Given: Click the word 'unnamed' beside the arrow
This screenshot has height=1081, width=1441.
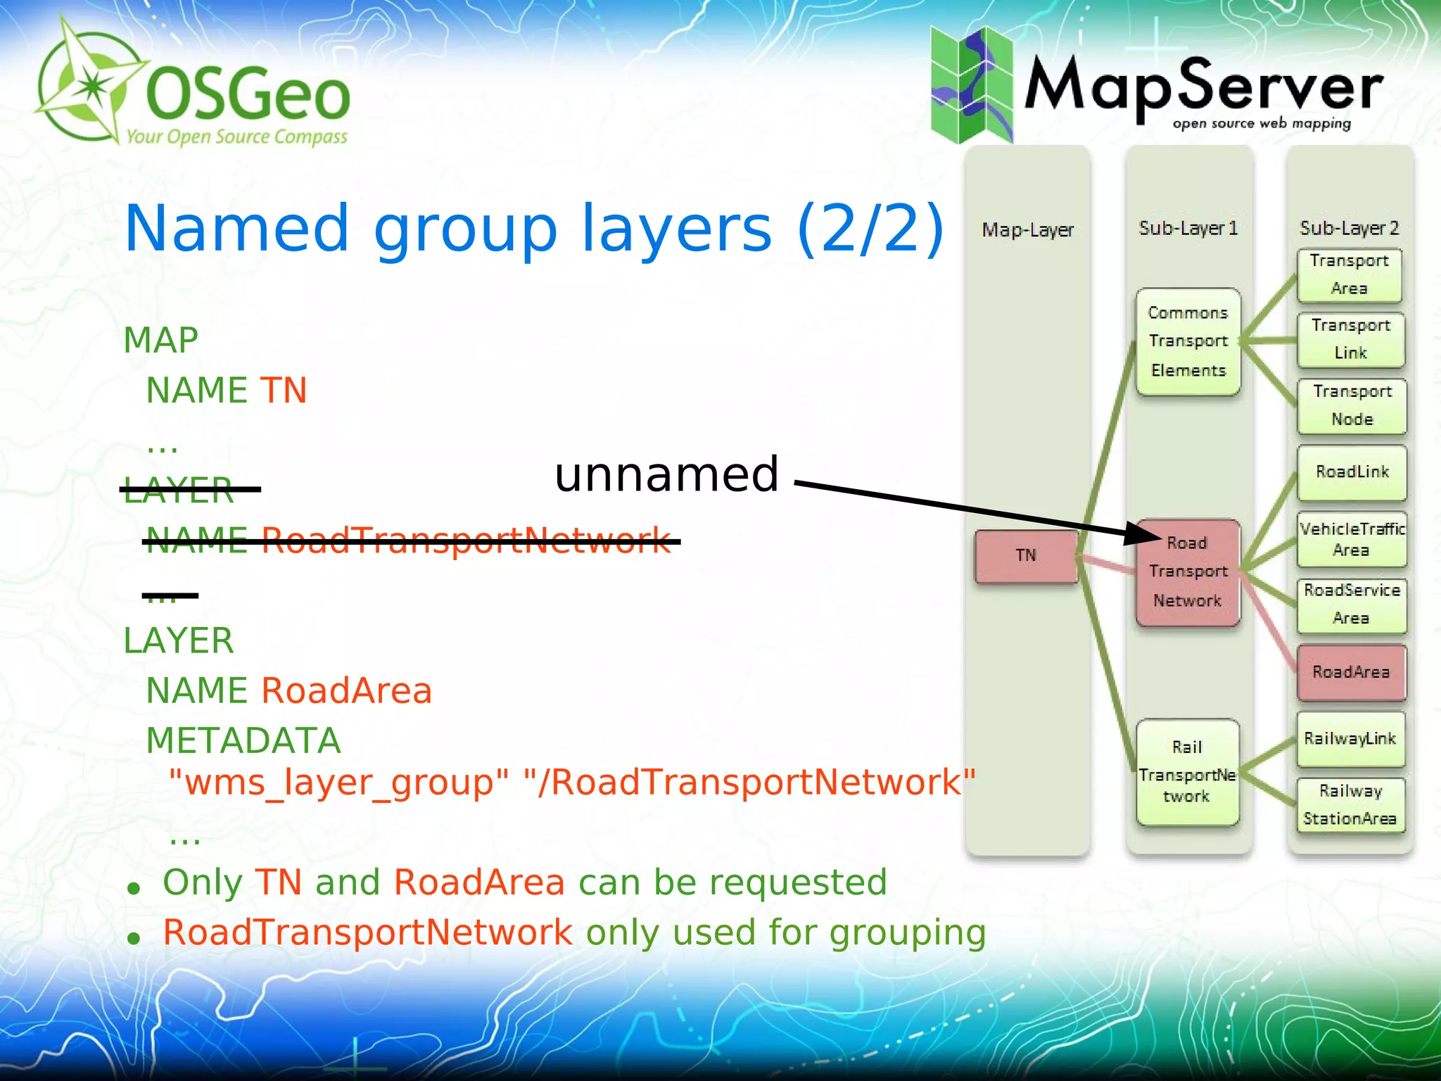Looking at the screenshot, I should (x=666, y=474).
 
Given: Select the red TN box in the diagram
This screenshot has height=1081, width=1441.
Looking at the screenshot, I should (x=1026, y=556).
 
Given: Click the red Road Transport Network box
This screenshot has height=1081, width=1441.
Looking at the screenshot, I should (x=1188, y=572).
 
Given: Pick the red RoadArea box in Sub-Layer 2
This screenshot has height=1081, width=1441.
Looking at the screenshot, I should (x=1351, y=673).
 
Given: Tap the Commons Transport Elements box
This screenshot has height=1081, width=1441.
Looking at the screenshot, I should (x=1188, y=342).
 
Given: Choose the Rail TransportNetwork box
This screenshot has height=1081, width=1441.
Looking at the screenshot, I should (x=1187, y=772).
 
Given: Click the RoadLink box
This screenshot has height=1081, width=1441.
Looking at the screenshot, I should (x=1352, y=472).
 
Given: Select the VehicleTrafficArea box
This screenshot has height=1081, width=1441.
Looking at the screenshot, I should (x=1352, y=540).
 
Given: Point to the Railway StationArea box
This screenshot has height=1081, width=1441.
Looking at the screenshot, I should (x=1350, y=805).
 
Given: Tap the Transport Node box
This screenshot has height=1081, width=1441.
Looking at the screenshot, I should (x=1352, y=406).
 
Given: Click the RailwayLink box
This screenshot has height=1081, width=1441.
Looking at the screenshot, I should (x=1350, y=739).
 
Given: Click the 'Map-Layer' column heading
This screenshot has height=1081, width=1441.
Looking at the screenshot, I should (x=1028, y=230).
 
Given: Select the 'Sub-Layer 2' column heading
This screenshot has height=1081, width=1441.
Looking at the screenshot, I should (x=1349, y=228).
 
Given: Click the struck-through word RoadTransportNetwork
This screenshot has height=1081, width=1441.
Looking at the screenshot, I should (x=466, y=540).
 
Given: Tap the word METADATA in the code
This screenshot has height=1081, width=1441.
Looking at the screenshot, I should (x=243, y=741).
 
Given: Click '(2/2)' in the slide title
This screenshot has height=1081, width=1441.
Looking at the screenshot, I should (x=870, y=228).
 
